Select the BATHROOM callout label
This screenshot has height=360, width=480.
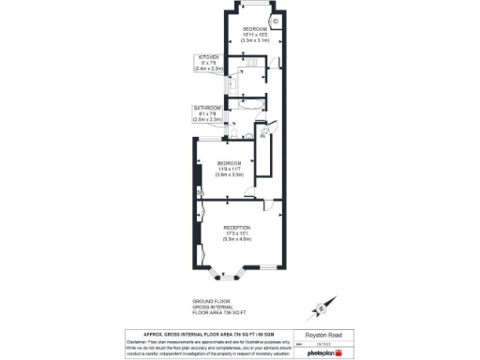[207, 108]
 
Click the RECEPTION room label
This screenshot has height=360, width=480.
[238, 228]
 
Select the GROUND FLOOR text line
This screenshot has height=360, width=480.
[205, 301]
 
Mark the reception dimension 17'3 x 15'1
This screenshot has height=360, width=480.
[238, 234]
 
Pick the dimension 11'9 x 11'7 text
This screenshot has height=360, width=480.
[230, 169]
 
